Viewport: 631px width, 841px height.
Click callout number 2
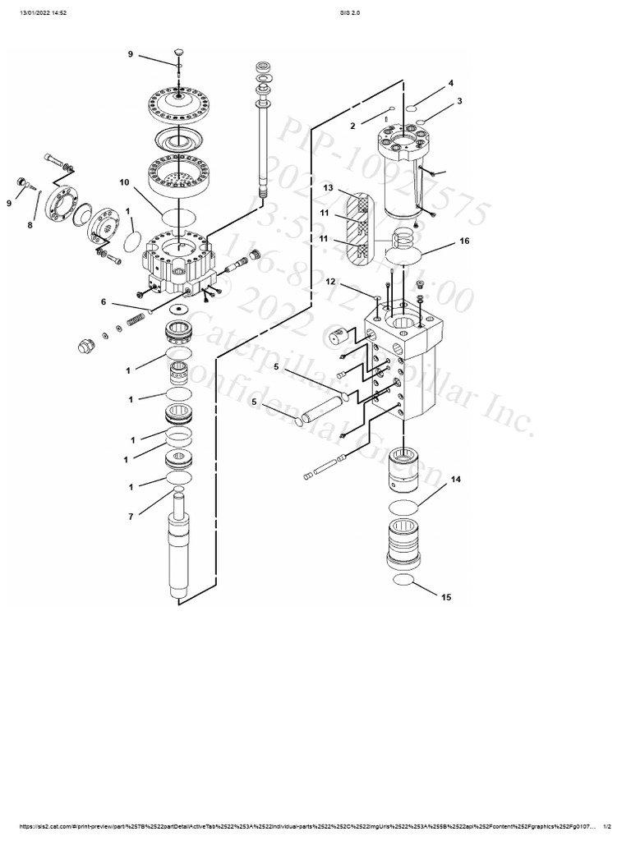pos(352,126)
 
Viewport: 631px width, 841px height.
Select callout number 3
pos(459,101)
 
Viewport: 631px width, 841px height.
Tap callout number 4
pos(450,83)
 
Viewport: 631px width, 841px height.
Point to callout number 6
pos(104,302)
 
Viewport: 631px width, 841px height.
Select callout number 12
pos(330,282)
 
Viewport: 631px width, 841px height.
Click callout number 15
pos(446,597)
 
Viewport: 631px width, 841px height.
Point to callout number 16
pos(464,243)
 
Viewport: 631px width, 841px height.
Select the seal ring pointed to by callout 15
pos(403,581)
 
